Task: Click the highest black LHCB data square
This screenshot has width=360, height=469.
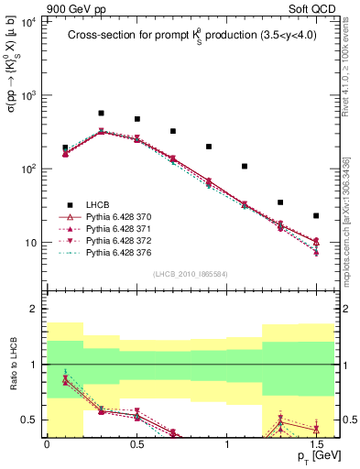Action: pos(101,114)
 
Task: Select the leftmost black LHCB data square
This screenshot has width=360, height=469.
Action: pos(65,147)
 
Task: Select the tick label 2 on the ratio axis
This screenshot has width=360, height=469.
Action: pos(34,310)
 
